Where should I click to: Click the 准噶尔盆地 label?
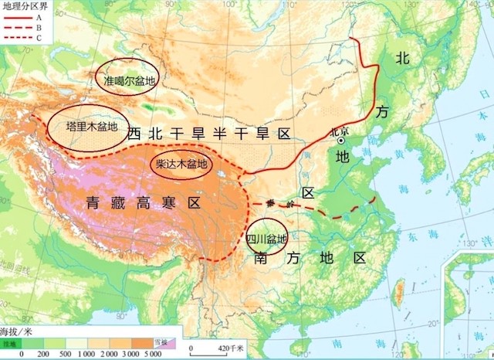(x=125, y=78)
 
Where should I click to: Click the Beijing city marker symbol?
(x=340, y=141)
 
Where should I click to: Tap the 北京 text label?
(x=340, y=131)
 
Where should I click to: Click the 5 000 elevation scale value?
(x=153, y=353)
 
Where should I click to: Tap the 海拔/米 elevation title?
(x=18, y=330)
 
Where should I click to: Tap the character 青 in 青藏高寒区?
(x=93, y=203)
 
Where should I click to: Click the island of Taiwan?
(x=401, y=293)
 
